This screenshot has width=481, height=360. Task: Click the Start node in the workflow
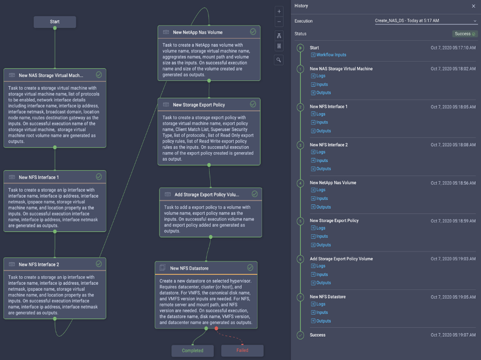click(55, 22)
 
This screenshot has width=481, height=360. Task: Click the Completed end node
click(192, 351)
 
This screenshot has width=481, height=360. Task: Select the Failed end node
click(242, 351)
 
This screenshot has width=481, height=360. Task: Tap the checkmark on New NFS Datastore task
click(250, 268)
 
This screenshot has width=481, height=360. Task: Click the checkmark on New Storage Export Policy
click(253, 104)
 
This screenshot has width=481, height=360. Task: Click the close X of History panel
click(473, 6)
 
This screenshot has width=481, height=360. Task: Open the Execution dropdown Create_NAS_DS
click(426, 21)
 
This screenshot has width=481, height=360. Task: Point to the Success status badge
click(465, 34)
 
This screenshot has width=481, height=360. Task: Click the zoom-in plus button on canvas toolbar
click(280, 12)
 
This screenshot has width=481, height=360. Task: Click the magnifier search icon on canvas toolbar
click(280, 59)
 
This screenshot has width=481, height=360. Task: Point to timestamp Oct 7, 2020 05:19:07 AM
click(453, 336)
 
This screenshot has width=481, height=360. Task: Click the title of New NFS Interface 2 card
click(39, 264)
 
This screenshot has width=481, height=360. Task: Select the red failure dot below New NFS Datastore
click(216, 329)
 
